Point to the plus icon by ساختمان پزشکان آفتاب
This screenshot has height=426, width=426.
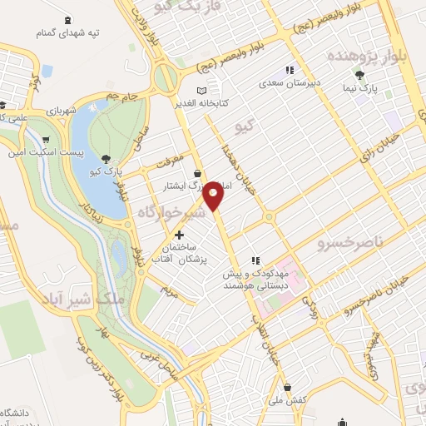tap(179, 235)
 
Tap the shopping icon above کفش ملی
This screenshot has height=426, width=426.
tap(287, 387)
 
